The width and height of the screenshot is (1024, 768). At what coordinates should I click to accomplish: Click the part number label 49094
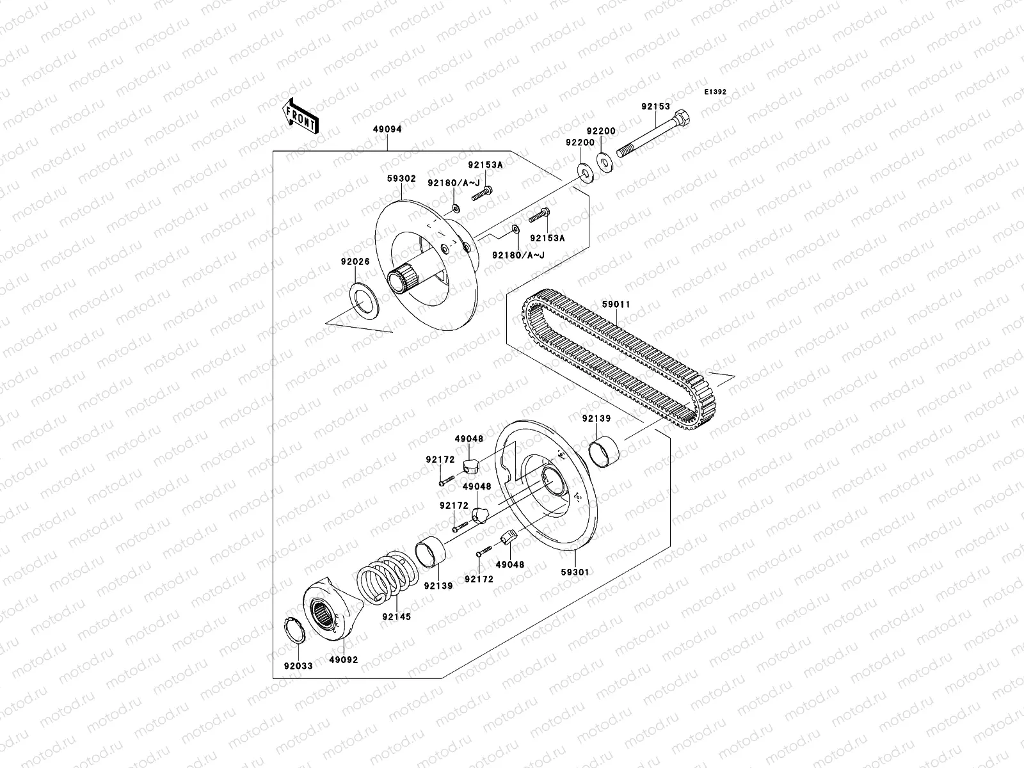point(387,129)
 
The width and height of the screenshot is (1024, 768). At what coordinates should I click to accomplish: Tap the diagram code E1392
point(716,92)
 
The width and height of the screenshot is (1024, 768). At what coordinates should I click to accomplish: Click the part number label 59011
point(616,305)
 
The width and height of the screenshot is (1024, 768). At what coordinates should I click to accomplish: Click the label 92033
point(298,666)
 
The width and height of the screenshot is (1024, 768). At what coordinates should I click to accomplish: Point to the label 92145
point(396,617)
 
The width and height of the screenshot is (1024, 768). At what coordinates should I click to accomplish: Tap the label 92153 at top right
point(655,107)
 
